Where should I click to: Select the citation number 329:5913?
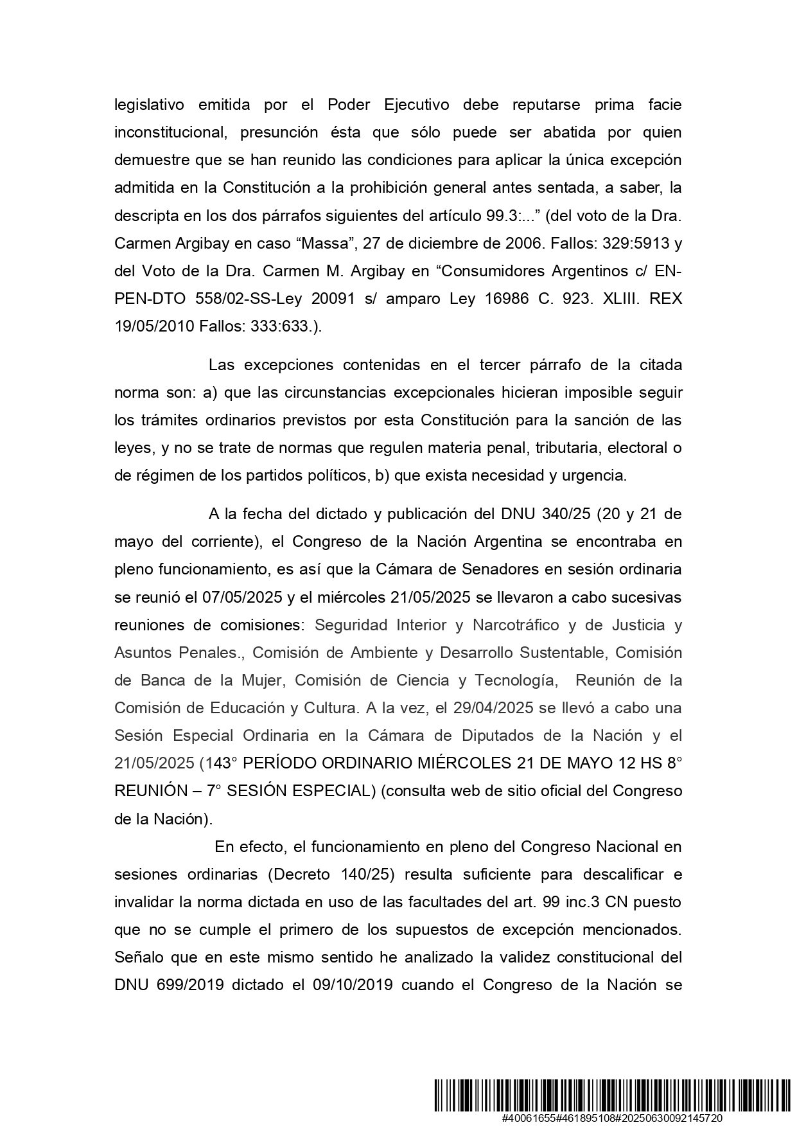tap(615, 244)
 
